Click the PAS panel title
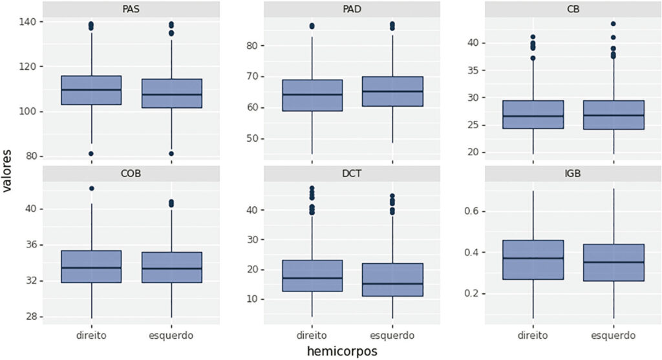pos(131,9)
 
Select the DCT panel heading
pos(352,173)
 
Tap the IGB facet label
pos(573,173)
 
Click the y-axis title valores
pos(6,171)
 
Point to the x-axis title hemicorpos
pos(342,351)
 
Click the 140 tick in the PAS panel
pos(28,21)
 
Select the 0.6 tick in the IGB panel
pos(471,211)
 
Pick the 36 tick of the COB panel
pos(31,245)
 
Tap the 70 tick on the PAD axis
pos(252,76)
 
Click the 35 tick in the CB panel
pos(473,70)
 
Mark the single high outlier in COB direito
pos(91,188)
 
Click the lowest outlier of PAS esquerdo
pos(171,154)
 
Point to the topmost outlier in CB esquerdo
pos(613,24)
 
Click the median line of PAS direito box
pos(91,89)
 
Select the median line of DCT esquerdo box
pos(392,284)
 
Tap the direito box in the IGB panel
pos(533,260)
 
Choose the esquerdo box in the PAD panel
pos(392,91)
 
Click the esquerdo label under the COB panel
pos(171,335)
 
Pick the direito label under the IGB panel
pos(533,335)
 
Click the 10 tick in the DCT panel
pos(252,299)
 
